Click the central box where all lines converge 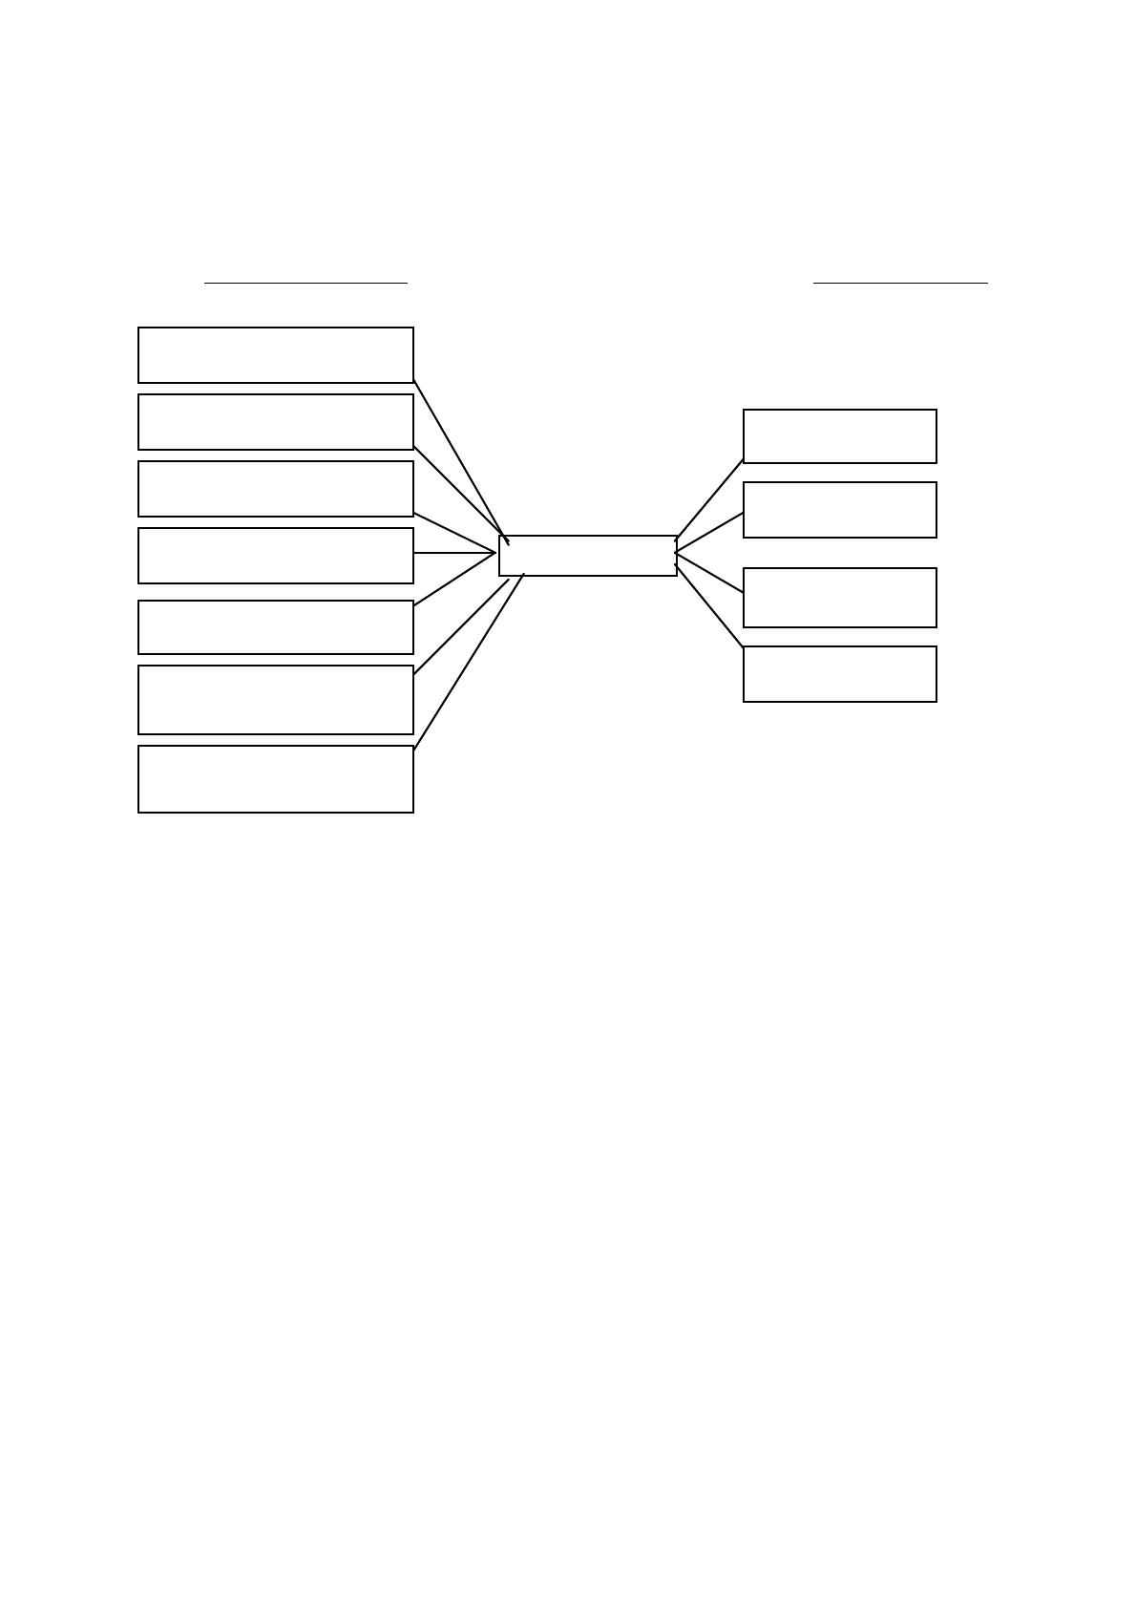[587, 556]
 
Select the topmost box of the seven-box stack [275, 355]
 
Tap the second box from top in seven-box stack [275, 422]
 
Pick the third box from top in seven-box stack [275, 489]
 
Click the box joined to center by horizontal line [275, 556]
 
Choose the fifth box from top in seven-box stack [275, 627]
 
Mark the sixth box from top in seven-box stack [275, 700]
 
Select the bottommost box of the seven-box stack [275, 779]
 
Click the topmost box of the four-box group [839, 436]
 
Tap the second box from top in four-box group [839, 510]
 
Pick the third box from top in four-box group [839, 598]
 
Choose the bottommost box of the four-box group [839, 674]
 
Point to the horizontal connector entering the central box [454, 553]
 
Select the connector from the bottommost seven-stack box [468, 663]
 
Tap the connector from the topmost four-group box [708, 499]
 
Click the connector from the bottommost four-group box [708, 606]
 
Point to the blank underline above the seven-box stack [305, 283]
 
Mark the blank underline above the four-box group [900, 283]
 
